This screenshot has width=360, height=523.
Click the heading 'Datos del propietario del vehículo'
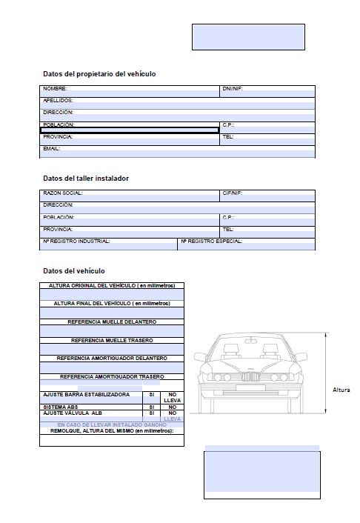pyautogui.click(x=99, y=74)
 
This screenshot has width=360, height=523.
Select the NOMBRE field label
pyautogui.click(x=56, y=89)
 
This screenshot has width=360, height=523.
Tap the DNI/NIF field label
pyautogui.click(x=233, y=89)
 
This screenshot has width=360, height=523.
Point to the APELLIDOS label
pyautogui.click(x=58, y=100)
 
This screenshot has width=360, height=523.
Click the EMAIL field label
pyautogui.click(x=51, y=148)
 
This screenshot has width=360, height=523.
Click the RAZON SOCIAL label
pyautogui.click(x=63, y=193)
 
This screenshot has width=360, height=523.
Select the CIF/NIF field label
pyautogui.click(x=233, y=193)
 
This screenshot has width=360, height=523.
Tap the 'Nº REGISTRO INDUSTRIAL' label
pyautogui.click(x=76, y=241)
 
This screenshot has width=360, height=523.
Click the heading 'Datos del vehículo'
pyautogui.click(x=74, y=271)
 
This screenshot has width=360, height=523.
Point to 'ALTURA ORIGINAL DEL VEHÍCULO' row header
pyautogui.click(x=112, y=285)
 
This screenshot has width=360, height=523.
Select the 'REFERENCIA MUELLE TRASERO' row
pyautogui.click(x=112, y=340)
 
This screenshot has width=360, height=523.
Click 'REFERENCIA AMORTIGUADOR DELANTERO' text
pyautogui.click(x=112, y=358)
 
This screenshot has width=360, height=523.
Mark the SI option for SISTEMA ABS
pyautogui.click(x=151, y=407)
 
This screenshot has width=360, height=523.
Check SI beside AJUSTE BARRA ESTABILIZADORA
pyautogui.click(x=151, y=395)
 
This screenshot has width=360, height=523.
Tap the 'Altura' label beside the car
pyautogui.click(x=341, y=390)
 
